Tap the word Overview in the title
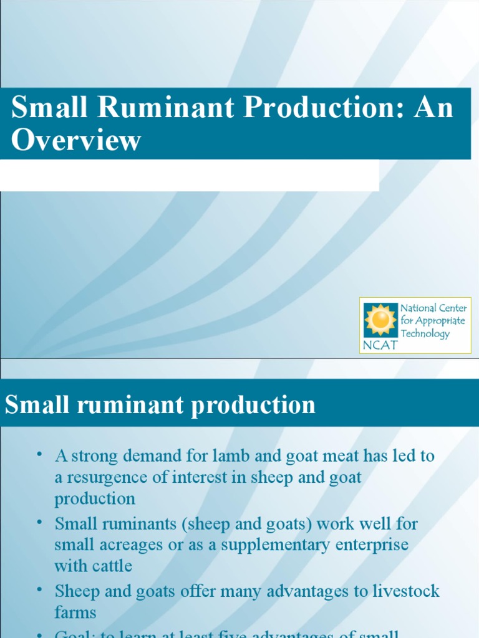(76, 140)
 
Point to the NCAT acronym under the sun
(380, 345)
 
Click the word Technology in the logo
(425, 334)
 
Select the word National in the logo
(419, 308)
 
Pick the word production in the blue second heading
(253, 405)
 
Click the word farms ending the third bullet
(75, 612)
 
